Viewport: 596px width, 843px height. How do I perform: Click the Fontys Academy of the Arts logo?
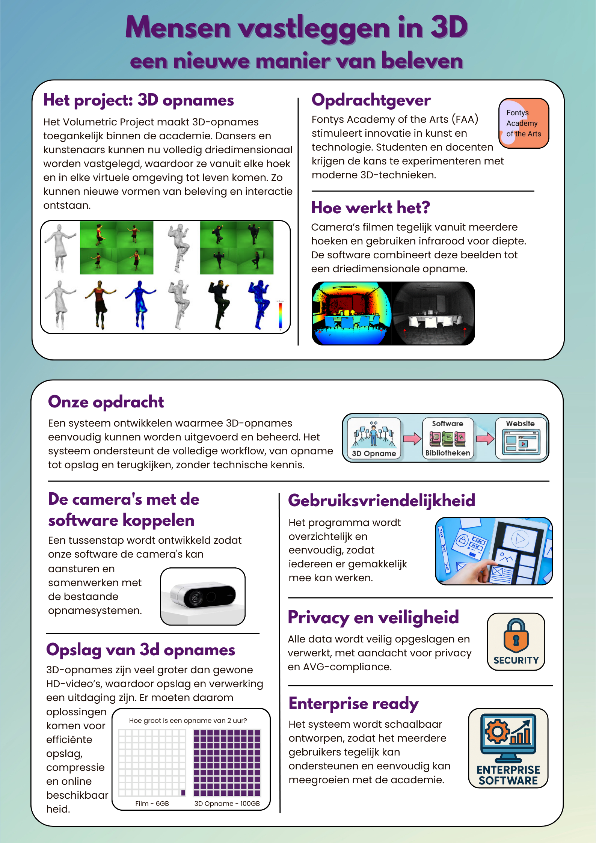pos(524,123)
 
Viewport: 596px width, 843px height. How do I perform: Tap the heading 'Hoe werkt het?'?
pos(370,208)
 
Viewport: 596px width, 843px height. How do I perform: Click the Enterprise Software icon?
pos(508,748)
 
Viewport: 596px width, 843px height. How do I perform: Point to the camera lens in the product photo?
pos(196,597)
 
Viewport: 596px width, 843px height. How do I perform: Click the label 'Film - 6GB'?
pos(152,803)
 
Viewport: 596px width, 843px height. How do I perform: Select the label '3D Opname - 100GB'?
pos(227,803)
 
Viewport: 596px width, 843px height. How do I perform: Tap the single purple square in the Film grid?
pos(183,793)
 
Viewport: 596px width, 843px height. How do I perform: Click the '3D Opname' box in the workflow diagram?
pos(374,439)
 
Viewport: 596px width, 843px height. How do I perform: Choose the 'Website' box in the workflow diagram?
pos(520,439)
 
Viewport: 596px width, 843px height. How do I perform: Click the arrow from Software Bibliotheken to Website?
pos(485,439)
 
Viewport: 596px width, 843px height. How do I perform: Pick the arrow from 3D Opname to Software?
pos(412,439)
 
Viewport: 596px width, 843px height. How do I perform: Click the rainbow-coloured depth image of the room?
pos(352,313)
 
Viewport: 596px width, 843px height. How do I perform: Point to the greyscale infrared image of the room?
pos(433,313)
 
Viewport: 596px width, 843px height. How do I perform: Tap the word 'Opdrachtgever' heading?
pos(371,100)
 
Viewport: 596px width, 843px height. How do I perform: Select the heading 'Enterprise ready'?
pos(353,703)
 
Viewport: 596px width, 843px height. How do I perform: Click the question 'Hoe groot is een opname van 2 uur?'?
pos(188,720)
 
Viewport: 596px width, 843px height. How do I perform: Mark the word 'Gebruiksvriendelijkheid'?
pos(381,500)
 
